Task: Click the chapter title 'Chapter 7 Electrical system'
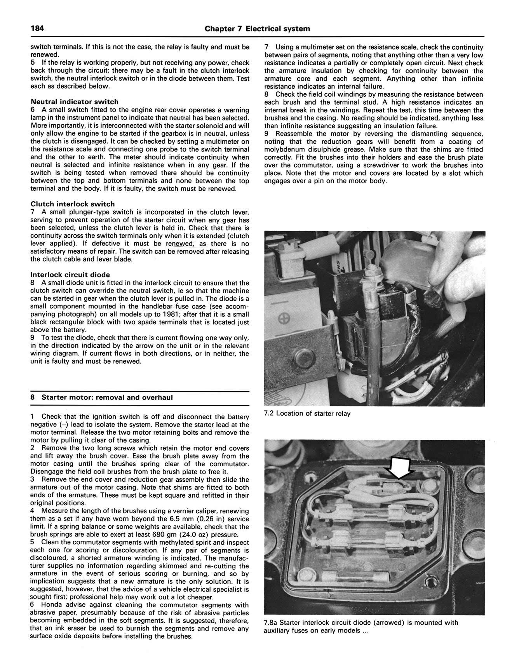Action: [x=257, y=29]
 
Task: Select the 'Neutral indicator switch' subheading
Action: [x=74, y=102]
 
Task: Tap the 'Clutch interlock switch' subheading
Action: [x=72, y=204]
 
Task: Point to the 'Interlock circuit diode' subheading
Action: [x=70, y=275]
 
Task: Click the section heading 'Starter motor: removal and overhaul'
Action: [x=107, y=397]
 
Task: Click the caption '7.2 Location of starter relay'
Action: [x=307, y=414]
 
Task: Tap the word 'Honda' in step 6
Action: [x=52, y=605]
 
